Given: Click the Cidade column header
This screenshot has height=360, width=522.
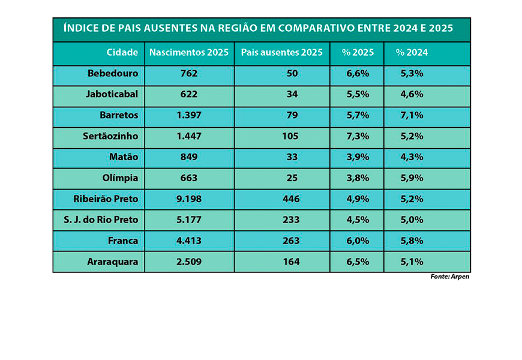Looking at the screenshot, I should tap(122, 53).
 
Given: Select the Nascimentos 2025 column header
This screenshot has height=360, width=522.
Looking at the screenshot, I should tap(189, 53).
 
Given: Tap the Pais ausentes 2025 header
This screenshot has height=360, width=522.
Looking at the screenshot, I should tap(282, 53).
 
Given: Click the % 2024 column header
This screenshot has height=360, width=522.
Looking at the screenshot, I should tap(412, 53).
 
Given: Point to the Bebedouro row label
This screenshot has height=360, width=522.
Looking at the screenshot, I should tap(113, 74).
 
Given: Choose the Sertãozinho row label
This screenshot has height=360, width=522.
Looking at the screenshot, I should tap(110, 136).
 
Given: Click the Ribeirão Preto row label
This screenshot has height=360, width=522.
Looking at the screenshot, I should tap(106, 199).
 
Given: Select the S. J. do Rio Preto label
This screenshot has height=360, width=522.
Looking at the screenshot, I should tap(101, 220).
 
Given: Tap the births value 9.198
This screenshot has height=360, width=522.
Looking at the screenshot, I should tap(189, 199).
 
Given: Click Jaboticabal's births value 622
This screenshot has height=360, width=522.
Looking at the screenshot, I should tap(189, 95).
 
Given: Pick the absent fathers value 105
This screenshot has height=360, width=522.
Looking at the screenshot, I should tap(290, 136).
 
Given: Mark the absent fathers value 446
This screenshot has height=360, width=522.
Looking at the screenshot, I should tap(290, 199).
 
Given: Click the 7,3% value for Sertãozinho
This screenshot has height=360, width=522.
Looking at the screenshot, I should tap(357, 136).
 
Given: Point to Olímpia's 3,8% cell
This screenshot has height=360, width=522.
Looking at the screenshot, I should tap(357, 178).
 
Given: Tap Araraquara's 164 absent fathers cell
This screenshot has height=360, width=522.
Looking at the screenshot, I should tap(290, 262).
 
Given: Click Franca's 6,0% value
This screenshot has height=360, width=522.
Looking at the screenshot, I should tap(357, 241).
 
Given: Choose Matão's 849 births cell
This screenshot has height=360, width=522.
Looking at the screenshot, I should tap(189, 157).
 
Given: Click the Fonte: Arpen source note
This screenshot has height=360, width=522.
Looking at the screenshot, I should tap(449, 277).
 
